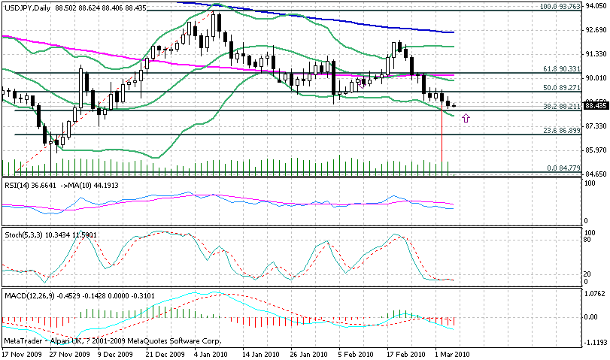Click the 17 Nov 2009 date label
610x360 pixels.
tap(20, 354)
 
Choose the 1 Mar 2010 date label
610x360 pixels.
tap(451, 354)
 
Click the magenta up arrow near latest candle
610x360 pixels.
tap(466, 118)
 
